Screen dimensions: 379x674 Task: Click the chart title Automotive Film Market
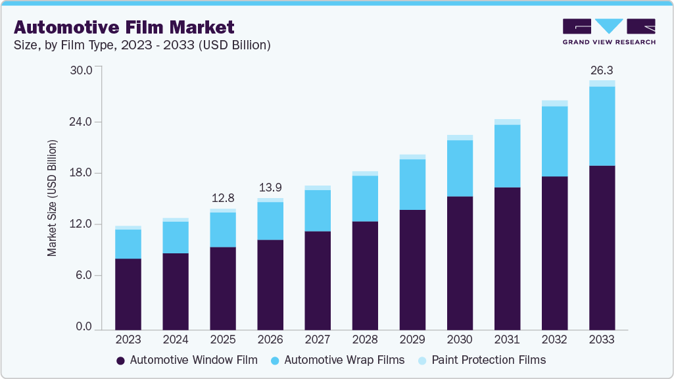[124, 28]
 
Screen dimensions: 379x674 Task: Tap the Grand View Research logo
[609, 32]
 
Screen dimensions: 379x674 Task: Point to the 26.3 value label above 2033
[602, 70]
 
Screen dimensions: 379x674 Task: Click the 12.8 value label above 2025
[223, 197]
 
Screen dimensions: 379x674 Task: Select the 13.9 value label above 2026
[270, 188]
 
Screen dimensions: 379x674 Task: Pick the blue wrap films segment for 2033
[602, 126]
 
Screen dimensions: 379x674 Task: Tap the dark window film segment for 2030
[460, 263]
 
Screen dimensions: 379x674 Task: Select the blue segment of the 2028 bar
[365, 199]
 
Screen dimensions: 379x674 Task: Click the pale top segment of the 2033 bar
[602, 84]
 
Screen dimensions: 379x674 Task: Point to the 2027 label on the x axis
[318, 340]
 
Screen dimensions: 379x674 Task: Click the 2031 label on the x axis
[507, 340]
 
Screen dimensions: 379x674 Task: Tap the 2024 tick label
[176, 340]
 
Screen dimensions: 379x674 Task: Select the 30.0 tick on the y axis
[85, 70]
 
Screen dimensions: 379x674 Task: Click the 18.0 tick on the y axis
[85, 173]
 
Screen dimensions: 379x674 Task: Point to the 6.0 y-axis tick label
[87, 276]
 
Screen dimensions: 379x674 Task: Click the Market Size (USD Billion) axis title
[52, 198]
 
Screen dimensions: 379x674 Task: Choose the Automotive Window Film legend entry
[187, 360]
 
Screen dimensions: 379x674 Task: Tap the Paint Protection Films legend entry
[481, 360]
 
